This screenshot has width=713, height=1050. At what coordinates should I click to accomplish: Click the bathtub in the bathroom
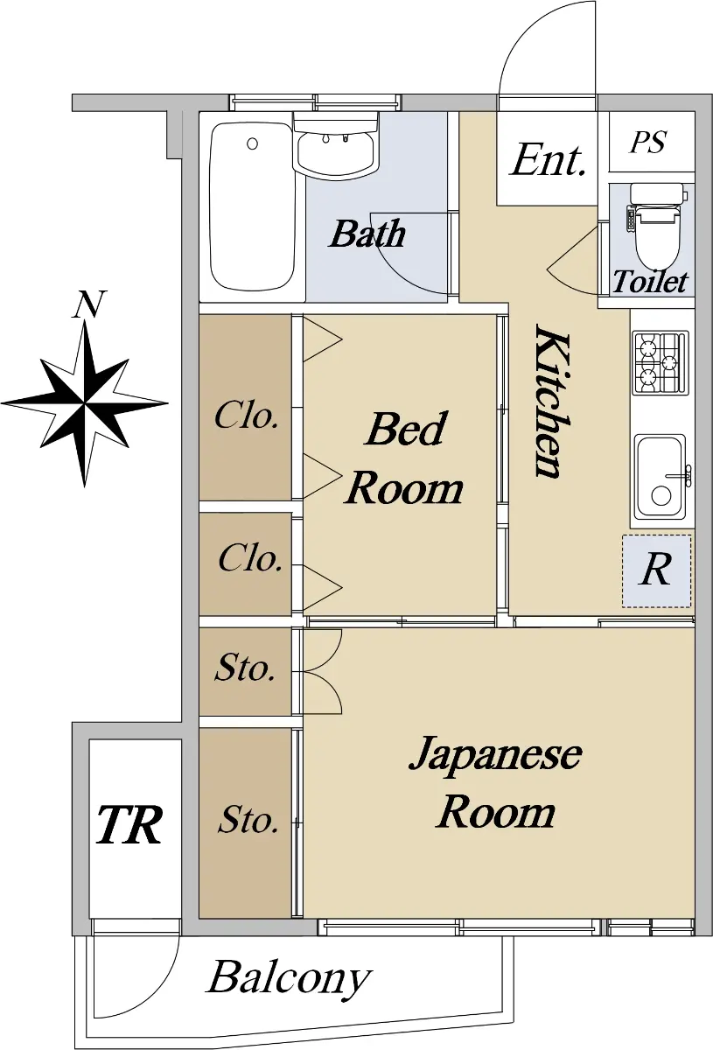(x=253, y=207)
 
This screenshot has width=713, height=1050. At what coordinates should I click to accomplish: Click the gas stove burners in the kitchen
(x=661, y=362)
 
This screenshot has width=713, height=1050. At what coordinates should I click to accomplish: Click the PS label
(x=648, y=142)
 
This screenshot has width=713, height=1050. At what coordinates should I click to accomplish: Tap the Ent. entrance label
(x=548, y=160)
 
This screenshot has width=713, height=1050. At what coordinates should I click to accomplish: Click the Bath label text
(x=367, y=234)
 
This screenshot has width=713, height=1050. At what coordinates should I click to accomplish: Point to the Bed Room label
(x=404, y=458)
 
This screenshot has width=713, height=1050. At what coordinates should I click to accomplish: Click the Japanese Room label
(x=495, y=782)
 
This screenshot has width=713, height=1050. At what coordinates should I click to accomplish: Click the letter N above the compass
(x=89, y=304)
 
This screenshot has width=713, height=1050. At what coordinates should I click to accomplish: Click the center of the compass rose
(x=85, y=402)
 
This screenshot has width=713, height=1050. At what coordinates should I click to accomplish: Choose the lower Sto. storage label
(x=248, y=821)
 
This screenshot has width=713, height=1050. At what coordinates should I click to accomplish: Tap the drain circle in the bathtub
(x=253, y=143)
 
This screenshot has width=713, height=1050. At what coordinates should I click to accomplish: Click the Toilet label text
(x=651, y=281)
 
